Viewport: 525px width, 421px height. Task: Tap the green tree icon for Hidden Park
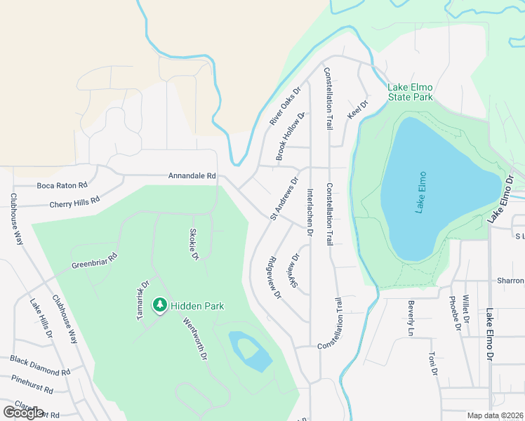161,305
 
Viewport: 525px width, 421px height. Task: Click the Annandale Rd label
192,175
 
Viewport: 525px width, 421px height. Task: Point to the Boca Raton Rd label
62,186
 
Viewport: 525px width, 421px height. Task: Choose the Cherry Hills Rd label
75,202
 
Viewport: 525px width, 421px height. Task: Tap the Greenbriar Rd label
94,261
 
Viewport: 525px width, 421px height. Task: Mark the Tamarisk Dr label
142,301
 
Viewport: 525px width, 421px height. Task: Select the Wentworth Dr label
195,340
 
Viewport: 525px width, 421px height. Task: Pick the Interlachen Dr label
309,207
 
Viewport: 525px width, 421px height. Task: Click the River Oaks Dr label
284,107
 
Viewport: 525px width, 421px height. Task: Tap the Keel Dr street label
358,109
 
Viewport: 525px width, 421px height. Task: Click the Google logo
23,412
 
